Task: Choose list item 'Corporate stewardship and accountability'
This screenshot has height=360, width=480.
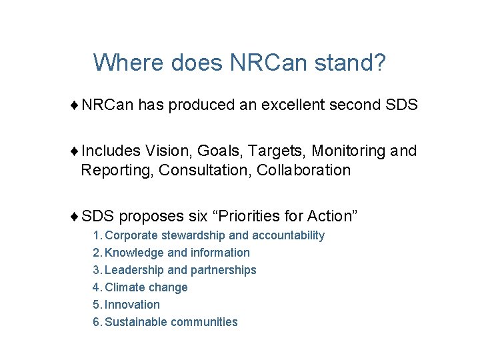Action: click(x=215, y=235)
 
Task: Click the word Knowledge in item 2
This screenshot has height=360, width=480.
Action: click(x=134, y=253)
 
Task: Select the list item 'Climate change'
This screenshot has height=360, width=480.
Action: click(x=146, y=287)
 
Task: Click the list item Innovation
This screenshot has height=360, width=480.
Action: click(x=132, y=305)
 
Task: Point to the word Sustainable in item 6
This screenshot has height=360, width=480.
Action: click(x=136, y=322)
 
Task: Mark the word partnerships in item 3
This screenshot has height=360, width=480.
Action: click(x=223, y=270)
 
